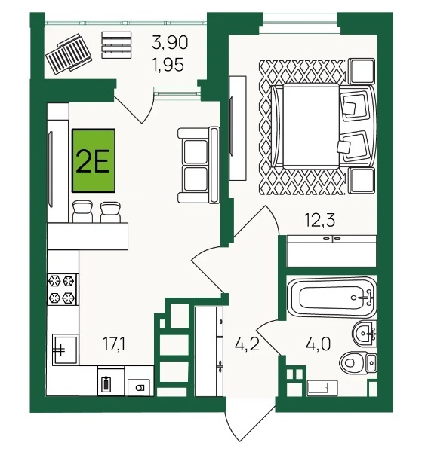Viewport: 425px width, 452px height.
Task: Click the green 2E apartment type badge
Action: click(x=94, y=160)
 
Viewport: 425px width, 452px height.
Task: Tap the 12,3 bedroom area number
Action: click(x=320, y=220)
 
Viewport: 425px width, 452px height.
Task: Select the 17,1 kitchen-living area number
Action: click(x=114, y=344)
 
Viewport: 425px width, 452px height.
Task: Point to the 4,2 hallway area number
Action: click(x=247, y=344)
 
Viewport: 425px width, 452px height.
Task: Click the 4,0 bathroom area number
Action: click(x=317, y=344)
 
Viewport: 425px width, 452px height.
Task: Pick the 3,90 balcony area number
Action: click(x=170, y=42)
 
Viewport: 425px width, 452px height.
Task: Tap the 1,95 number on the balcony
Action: click(x=168, y=65)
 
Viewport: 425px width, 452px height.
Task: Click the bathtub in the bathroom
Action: click(x=332, y=298)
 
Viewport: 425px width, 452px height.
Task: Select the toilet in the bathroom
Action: click(x=359, y=363)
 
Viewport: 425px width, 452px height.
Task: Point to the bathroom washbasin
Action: click(x=365, y=334)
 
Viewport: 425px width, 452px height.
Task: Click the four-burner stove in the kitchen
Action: click(x=62, y=289)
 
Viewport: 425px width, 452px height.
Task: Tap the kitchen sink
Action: click(x=65, y=350)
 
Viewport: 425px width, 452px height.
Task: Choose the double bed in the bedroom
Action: click(x=324, y=126)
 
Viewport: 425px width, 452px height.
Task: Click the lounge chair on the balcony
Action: click(x=69, y=54)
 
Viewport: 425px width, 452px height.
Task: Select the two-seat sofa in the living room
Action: click(x=199, y=165)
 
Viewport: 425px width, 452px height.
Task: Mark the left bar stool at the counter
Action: click(x=82, y=211)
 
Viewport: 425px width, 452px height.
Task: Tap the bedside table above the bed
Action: click(x=362, y=71)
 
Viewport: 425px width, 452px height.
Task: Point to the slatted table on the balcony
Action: click(x=116, y=45)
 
